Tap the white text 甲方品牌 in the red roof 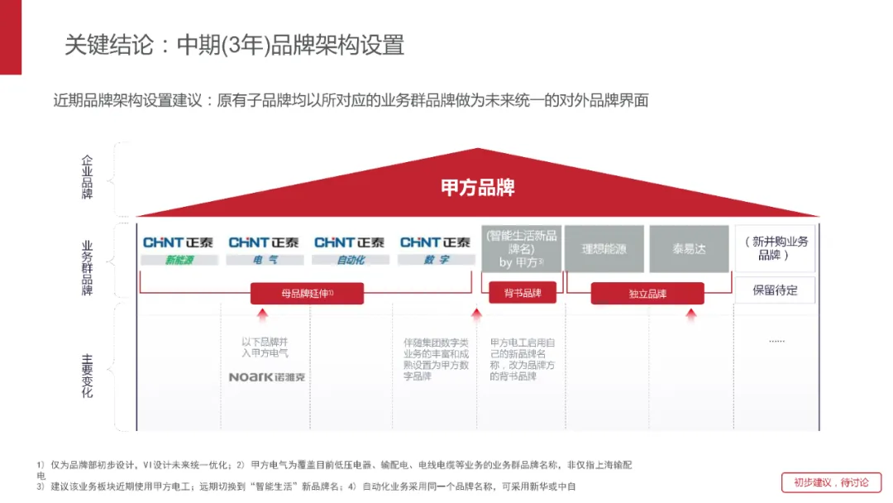coord(478,188)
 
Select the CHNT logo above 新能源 coord(178,242)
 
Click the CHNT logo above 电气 coord(264,242)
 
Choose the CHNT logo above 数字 coord(435,242)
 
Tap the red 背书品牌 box coord(521,293)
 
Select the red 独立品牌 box coord(647,293)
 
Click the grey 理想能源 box coord(604,248)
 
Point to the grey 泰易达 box coord(689,248)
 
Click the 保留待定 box coord(775,290)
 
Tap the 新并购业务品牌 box coord(775,248)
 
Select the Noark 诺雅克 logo coord(266,377)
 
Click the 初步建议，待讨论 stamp coord(831,483)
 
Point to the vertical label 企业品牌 coord(88,178)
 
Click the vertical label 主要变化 coord(88,376)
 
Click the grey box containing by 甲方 coord(521,248)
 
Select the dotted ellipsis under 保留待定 coord(776,341)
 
